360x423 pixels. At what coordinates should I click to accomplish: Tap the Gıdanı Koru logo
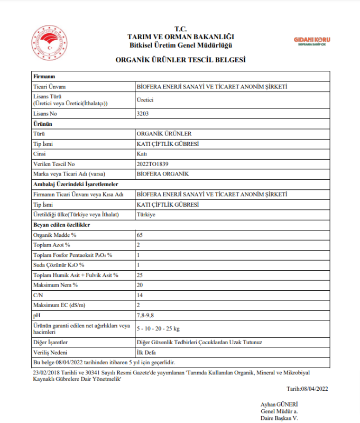point(311,40)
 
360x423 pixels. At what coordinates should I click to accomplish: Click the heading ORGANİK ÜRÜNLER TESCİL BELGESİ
point(180,60)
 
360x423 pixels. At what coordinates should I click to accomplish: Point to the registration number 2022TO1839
point(152,164)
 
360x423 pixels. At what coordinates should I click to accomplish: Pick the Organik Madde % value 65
point(140,235)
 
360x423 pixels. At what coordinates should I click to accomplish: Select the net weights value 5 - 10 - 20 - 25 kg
point(159,329)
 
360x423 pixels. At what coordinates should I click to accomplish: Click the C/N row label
point(38,295)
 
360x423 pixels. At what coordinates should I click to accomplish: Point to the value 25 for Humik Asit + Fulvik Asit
point(140,275)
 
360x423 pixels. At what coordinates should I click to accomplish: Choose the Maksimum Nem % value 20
point(140,285)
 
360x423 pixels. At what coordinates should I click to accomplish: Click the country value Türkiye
point(146,214)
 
